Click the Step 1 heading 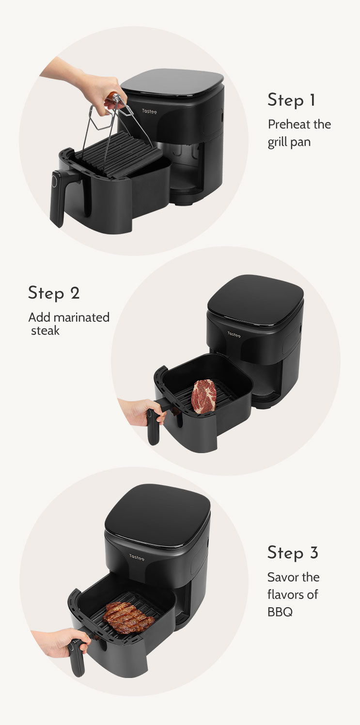(x=291, y=100)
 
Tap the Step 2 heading (x=54, y=293)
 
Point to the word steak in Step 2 (x=45, y=331)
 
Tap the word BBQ (x=280, y=612)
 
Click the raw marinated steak (x=204, y=396)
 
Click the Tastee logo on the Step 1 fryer (x=149, y=111)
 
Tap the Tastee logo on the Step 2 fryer (x=234, y=334)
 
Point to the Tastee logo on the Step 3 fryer (x=137, y=557)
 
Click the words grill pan (x=289, y=142)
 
